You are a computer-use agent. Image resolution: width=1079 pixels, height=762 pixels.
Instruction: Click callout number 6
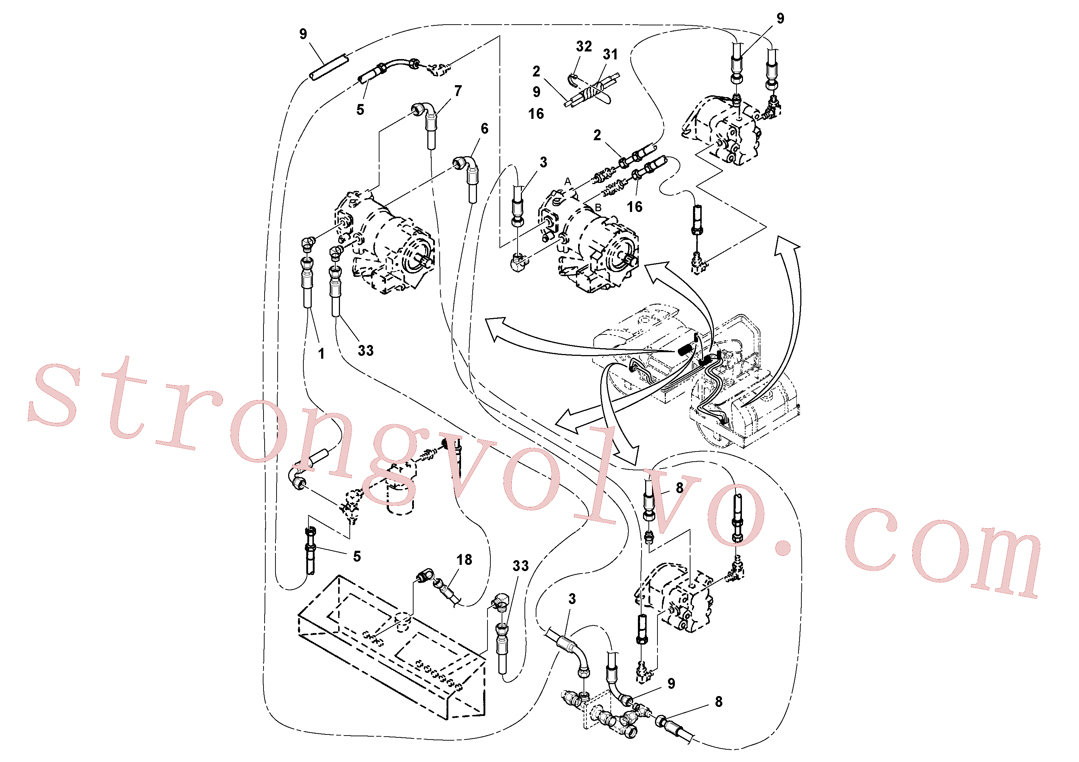tap(485, 128)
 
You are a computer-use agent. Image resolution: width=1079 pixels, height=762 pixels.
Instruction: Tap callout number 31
tap(610, 54)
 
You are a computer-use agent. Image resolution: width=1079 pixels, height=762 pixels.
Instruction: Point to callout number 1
tap(321, 354)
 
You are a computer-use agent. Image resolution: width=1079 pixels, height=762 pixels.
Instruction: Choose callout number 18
tap(464, 559)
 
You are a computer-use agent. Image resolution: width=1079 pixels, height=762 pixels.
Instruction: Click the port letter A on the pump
tap(568, 181)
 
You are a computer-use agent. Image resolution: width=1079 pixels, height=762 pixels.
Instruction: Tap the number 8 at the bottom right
tap(719, 702)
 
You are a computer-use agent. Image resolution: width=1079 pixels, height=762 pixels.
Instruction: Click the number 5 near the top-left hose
tap(360, 110)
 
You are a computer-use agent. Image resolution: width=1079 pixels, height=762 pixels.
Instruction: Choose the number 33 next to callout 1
tap(366, 350)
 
